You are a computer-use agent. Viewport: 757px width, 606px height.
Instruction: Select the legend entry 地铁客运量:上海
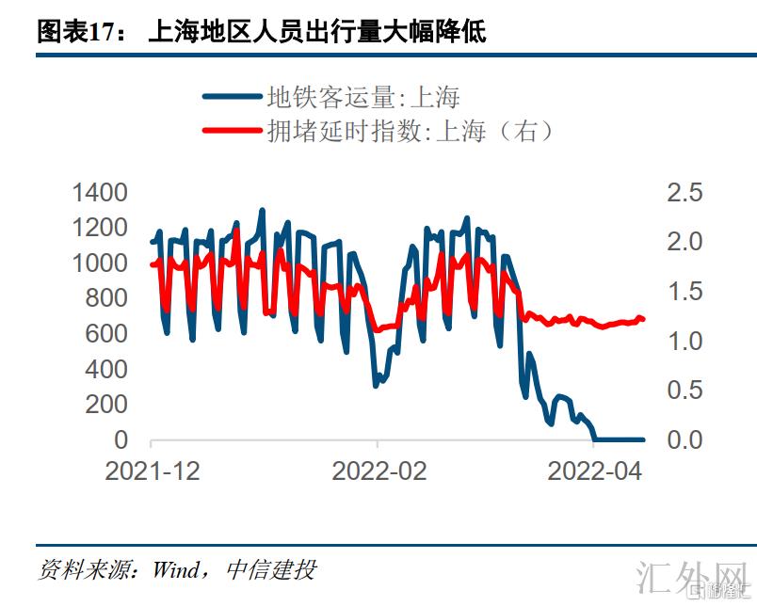pyautogui.click(x=363, y=96)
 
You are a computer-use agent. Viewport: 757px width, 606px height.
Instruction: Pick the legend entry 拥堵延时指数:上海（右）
pyautogui.click(x=410, y=131)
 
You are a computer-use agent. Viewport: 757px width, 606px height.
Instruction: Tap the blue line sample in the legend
pyautogui.click(x=232, y=96)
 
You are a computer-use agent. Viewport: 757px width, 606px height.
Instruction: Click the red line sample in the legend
pyautogui.click(x=232, y=131)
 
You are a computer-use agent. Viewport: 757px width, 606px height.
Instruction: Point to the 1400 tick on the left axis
pyautogui.click(x=100, y=193)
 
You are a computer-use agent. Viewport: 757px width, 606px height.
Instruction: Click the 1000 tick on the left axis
pyautogui.click(x=100, y=263)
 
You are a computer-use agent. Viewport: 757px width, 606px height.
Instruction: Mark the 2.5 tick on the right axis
pyautogui.click(x=685, y=193)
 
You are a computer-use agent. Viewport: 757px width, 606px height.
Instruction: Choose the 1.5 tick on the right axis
pyautogui.click(x=685, y=292)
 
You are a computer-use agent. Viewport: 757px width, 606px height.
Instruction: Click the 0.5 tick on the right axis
pyautogui.click(x=685, y=391)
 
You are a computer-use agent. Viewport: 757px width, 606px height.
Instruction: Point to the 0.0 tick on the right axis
pyautogui.click(x=685, y=439)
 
